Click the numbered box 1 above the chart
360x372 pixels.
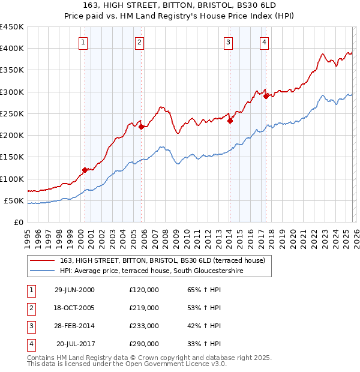click(x=83, y=42)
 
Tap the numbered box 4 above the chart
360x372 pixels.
click(x=264, y=42)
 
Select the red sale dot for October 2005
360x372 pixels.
click(x=140, y=127)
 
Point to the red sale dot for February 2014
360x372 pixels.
click(x=230, y=121)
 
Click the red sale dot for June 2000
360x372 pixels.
click(x=85, y=170)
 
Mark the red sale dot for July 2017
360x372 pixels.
click(x=266, y=96)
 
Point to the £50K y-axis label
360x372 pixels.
click(x=14, y=200)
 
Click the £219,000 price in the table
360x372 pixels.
click(x=144, y=308)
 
